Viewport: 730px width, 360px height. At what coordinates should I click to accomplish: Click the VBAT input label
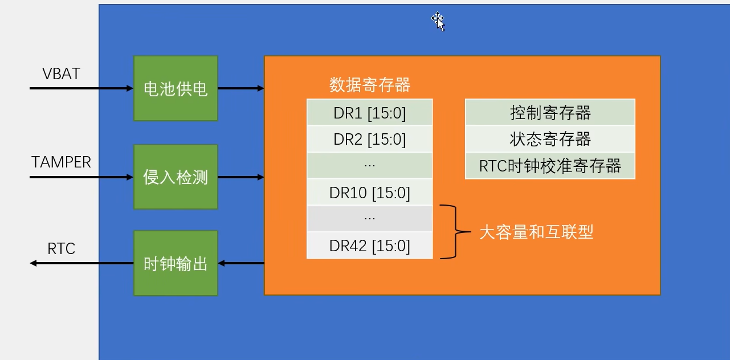coord(61,74)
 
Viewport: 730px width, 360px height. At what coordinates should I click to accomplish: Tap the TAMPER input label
coord(61,162)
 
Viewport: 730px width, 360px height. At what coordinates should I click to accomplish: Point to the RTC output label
coord(61,249)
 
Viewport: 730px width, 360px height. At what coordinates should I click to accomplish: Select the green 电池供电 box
coord(176,88)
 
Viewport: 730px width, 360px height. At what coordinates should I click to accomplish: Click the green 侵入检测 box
coord(176,177)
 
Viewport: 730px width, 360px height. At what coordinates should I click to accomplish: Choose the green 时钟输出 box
coord(176,263)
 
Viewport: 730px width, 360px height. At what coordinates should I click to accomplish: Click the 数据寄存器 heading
coord(370,85)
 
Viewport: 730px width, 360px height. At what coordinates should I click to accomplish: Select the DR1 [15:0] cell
coord(370,113)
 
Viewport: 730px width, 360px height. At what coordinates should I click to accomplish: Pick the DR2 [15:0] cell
coord(370,139)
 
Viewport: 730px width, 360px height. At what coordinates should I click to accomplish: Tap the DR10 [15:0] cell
coord(370,193)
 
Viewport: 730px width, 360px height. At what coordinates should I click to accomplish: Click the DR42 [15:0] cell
coord(370,246)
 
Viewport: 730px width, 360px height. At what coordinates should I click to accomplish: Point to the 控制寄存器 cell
coord(550,113)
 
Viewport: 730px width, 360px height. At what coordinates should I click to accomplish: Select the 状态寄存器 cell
coord(550,139)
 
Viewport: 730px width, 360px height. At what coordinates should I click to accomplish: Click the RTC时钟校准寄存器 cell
coord(550,166)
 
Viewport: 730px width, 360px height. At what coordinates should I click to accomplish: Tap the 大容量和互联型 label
coord(536,232)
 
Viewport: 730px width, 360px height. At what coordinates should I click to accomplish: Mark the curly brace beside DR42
coord(454,232)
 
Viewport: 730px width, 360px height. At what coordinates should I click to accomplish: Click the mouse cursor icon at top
coord(438,21)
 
